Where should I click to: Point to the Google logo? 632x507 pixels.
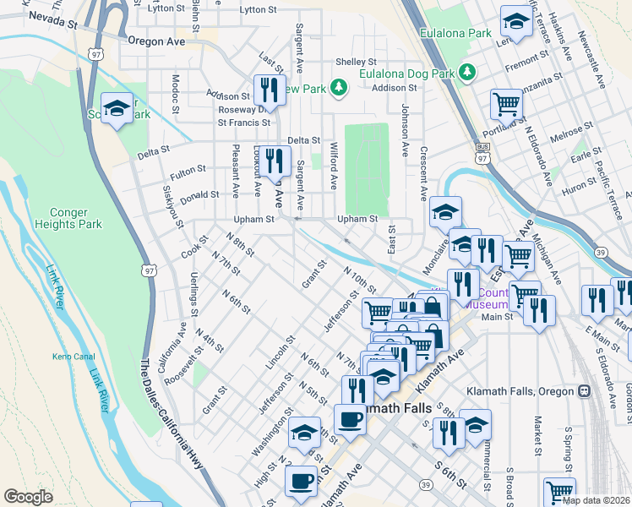28,497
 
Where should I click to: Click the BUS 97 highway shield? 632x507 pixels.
482,157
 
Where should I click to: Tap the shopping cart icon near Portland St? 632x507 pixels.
506,105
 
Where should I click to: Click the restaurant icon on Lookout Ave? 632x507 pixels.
273,160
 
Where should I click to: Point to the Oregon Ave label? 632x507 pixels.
156,40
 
